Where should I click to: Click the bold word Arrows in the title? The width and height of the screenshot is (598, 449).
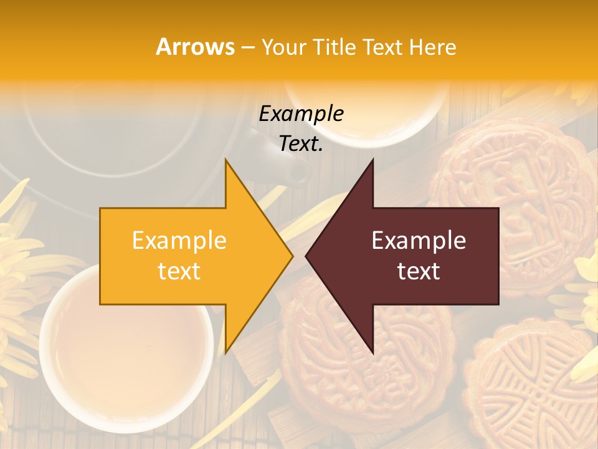click(196, 47)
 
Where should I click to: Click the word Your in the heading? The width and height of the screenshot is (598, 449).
click(284, 47)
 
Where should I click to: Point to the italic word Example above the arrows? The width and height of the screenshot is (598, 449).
click(301, 113)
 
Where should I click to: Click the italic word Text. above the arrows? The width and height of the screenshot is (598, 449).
click(301, 143)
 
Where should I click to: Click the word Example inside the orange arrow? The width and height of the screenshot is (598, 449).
click(179, 241)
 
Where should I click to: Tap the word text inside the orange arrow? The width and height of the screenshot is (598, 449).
click(179, 271)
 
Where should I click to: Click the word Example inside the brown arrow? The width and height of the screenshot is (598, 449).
click(419, 241)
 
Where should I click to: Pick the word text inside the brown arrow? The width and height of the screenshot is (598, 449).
click(419, 271)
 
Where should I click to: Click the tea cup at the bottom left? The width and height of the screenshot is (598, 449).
click(125, 349)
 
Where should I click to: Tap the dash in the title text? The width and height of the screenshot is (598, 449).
click(247, 47)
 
